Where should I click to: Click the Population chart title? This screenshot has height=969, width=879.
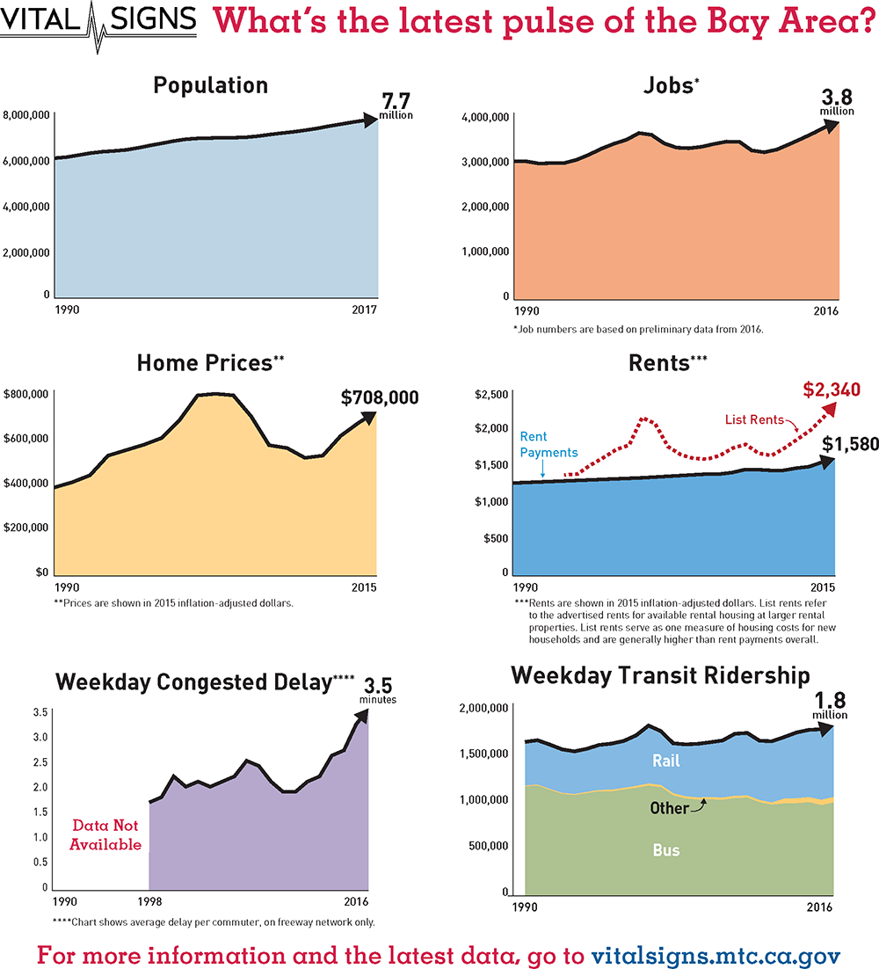(x=210, y=85)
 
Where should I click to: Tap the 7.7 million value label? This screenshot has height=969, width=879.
(x=396, y=106)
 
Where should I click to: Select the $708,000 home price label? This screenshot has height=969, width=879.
(x=380, y=397)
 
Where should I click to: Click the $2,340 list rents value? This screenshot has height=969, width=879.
(x=831, y=389)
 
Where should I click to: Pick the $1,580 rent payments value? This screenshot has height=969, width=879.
(x=850, y=444)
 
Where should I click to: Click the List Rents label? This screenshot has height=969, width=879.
(x=754, y=419)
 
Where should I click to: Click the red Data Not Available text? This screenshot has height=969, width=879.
(x=107, y=835)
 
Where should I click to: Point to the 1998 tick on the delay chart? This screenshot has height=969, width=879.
(x=149, y=901)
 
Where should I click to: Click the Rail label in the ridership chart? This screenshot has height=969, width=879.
(x=665, y=761)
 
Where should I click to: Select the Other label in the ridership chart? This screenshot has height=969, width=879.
(x=668, y=807)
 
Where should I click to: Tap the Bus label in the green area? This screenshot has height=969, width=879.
(x=665, y=850)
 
